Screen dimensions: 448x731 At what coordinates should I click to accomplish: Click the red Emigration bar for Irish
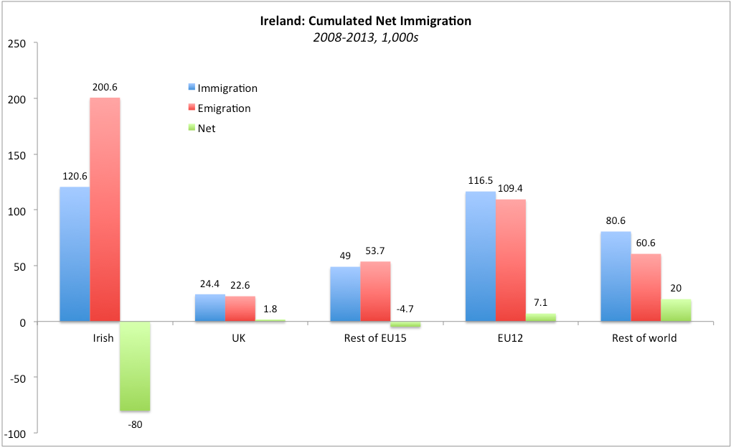pos(105,210)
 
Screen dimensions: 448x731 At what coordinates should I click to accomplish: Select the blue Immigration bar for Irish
pos(75,254)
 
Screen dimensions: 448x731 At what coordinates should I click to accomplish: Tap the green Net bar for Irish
pos(135,366)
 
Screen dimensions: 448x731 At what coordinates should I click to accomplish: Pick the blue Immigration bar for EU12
pos(480,256)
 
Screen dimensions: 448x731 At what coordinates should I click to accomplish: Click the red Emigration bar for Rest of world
pos(646,287)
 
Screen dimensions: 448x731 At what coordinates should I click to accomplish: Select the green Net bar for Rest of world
pos(676,310)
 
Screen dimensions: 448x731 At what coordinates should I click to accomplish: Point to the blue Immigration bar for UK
pos(209,308)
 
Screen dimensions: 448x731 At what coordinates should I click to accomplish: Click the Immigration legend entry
pos(222,88)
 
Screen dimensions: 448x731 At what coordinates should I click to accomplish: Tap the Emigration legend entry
pos(219,108)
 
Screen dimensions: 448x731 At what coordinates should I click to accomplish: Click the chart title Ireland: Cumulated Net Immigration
pos(365,21)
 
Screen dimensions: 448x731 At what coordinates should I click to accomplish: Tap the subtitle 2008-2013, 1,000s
pos(365,37)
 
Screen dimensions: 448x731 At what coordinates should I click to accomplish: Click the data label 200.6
pos(105,87)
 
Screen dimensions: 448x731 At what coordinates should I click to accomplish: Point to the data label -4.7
pos(405,309)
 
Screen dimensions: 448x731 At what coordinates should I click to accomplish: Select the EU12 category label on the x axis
pos(510,338)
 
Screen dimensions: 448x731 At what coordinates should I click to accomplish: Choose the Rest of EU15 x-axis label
pos(375,338)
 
